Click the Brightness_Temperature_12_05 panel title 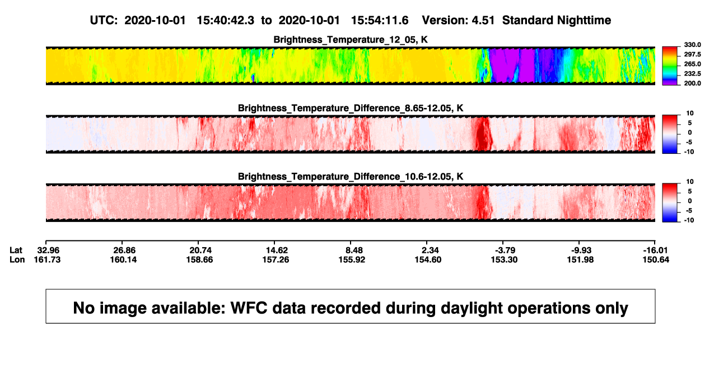tap(351, 40)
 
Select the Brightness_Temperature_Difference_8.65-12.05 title tap(351, 108)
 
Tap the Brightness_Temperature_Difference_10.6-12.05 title tap(351, 177)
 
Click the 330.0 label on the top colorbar tap(692, 45)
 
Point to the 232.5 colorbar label tap(692, 74)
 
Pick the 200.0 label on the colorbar tap(692, 83)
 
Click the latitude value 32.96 tap(48, 251)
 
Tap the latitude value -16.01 tap(655, 251)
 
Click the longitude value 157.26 tap(276, 259)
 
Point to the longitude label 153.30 tap(504, 259)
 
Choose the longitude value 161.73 tap(47, 259)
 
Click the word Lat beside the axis tap(16, 251)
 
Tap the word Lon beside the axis tap(17, 259)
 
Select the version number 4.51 tap(483, 21)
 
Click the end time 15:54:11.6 tap(380, 21)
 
